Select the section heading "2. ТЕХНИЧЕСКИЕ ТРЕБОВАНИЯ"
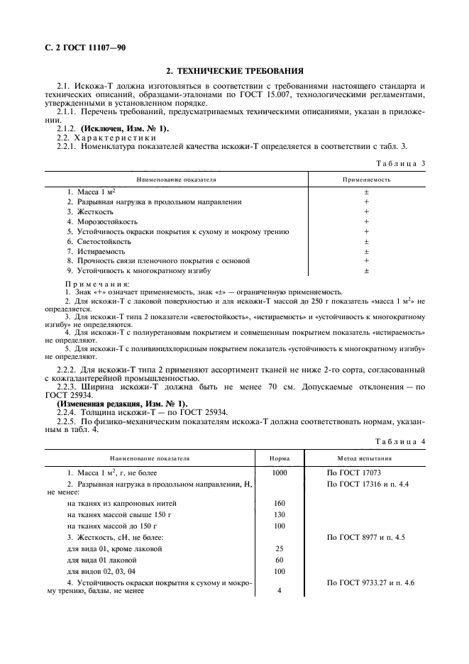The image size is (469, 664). click(x=235, y=71)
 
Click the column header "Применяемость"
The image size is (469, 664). click(x=367, y=180)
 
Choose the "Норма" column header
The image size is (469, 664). click(x=279, y=458)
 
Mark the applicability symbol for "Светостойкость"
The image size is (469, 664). click(x=366, y=241)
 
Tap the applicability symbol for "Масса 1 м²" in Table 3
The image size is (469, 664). click(x=366, y=192)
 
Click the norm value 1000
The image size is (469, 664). click(x=279, y=472)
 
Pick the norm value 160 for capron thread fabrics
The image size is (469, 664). click(x=279, y=504)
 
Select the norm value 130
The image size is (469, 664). click(x=279, y=515)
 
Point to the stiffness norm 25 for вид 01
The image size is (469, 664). click(x=279, y=549)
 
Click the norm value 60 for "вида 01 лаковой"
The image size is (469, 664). click(x=279, y=560)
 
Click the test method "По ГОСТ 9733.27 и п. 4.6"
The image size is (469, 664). click(x=370, y=582)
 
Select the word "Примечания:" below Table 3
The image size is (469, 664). click(x=92, y=284)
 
